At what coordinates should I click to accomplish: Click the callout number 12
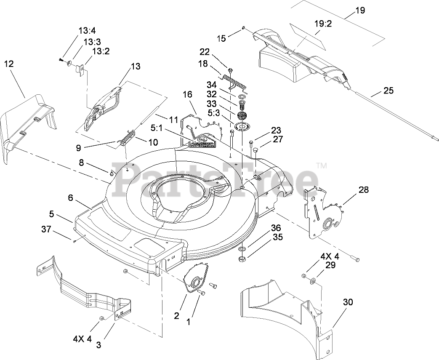click(9, 64)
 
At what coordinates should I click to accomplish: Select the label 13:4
click(87, 30)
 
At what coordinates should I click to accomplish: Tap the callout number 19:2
click(323, 24)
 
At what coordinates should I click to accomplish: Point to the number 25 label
click(388, 91)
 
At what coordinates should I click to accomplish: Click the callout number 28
click(363, 189)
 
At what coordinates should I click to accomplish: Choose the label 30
click(348, 302)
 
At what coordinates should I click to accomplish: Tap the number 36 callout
click(276, 228)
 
